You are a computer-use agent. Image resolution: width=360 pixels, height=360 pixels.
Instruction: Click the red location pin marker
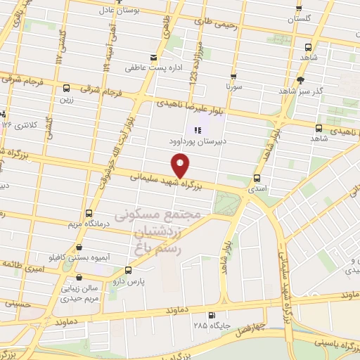coord(181,166)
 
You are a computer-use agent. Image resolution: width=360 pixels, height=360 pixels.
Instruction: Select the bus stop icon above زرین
coord(66,88)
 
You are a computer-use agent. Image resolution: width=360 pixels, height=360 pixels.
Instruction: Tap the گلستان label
coord(299,20)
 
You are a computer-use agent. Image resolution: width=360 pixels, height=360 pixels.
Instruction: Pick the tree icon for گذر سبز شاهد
coord(301,80)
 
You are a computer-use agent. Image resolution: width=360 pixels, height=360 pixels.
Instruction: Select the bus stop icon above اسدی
coord(256,178)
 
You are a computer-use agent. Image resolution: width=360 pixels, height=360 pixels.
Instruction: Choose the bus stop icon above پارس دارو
coord(128,270)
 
